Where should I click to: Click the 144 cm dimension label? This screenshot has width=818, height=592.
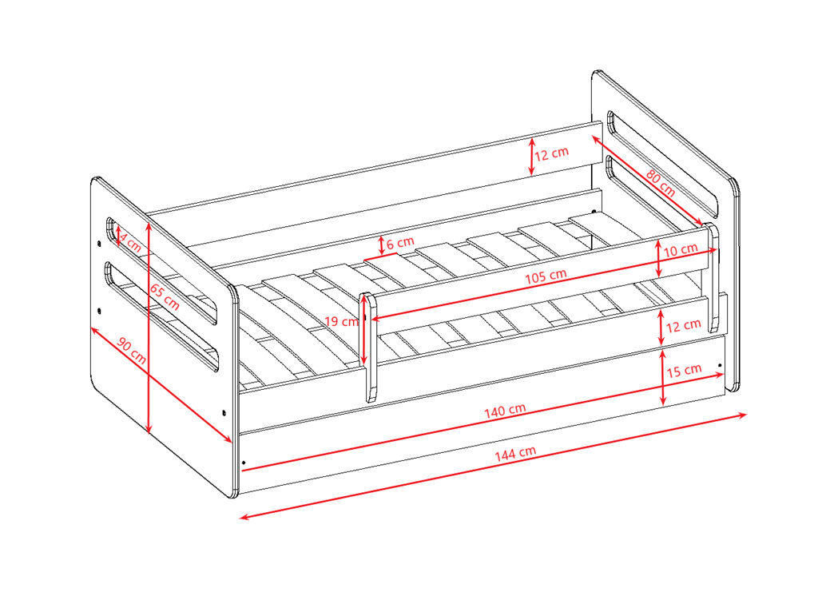click(515, 453)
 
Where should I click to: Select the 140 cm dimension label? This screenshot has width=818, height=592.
click(505, 411)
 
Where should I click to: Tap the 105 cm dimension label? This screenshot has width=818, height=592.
click(545, 276)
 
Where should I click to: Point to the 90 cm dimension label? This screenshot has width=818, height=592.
click(132, 351)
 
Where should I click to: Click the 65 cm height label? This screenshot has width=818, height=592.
click(165, 296)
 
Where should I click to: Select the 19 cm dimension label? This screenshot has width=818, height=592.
click(342, 321)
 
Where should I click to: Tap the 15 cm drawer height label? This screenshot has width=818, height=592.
click(684, 371)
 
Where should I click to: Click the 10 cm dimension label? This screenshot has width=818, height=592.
click(681, 250)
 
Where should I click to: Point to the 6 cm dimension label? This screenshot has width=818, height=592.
click(400, 243)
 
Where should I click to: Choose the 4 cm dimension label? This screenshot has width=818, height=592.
click(130, 241)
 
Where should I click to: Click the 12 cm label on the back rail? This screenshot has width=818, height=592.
click(551, 154)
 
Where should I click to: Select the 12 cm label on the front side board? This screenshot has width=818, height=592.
click(684, 325)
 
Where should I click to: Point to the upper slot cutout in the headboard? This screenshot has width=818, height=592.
click(662, 162)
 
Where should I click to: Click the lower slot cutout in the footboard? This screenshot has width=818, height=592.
click(161, 315)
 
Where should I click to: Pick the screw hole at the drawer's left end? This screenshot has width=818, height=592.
click(244, 462)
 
